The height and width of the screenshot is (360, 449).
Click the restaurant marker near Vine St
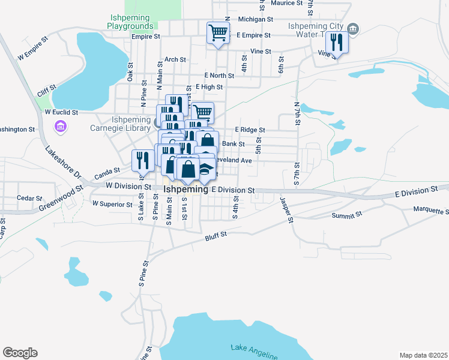pos(337,42)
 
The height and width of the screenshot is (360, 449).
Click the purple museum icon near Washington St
pos(60,127)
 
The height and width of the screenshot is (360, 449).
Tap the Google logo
pos(20,353)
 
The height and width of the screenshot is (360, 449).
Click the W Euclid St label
pos(61,112)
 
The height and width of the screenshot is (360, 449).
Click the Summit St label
pos(348,214)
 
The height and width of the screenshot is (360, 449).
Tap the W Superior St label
pos(112,204)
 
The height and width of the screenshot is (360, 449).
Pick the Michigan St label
pos(255,19)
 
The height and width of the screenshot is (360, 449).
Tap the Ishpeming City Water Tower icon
pos(353,28)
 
